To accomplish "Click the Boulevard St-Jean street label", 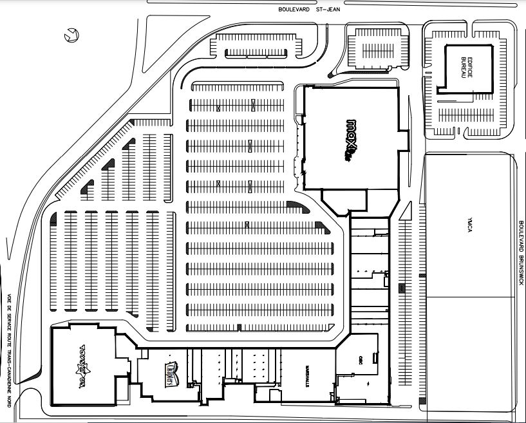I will point(309,9).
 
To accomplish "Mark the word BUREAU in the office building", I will point(462,69).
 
